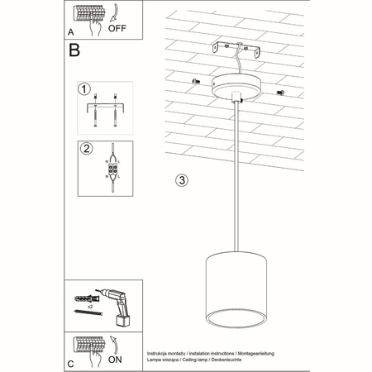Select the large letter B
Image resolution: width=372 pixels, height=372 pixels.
74,50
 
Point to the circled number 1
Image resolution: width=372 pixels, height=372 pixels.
83,88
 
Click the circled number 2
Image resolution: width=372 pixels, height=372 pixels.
83,149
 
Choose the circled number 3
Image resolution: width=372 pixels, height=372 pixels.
183,179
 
